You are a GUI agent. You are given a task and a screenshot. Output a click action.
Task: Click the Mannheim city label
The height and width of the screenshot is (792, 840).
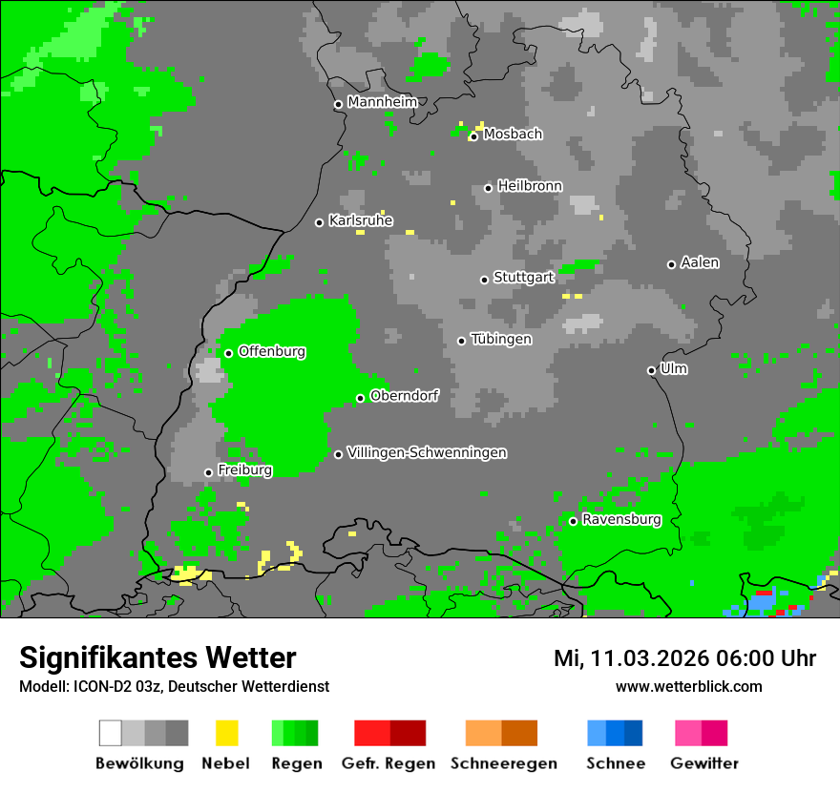tap(382, 102)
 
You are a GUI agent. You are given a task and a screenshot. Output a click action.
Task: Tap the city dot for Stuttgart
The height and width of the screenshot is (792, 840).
tap(485, 280)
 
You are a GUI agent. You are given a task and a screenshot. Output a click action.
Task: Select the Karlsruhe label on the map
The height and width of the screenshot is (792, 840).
tap(361, 220)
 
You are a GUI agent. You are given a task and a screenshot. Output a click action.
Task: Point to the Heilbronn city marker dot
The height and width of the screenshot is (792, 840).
tap(489, 188)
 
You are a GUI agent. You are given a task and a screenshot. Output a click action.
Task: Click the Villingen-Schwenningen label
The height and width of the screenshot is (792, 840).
tap(427, 452)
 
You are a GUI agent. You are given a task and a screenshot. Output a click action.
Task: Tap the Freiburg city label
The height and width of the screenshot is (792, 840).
tap(244, 470)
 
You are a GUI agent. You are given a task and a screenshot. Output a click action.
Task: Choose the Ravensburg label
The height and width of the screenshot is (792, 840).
tap(621, 519)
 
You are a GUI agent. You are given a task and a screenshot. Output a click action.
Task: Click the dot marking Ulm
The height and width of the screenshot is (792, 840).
tap(652, 370)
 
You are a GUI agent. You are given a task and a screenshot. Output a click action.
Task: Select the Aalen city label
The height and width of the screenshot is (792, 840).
tap(700, 262)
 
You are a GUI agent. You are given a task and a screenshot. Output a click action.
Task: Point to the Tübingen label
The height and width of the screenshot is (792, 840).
tap(501, 339)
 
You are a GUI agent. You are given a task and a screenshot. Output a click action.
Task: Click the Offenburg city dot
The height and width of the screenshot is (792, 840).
tap(229, 353)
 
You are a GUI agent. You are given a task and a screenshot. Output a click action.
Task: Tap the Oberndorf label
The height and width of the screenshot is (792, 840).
tap(404, 396)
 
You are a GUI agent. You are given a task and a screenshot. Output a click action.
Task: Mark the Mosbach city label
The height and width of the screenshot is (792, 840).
tap(513, 135)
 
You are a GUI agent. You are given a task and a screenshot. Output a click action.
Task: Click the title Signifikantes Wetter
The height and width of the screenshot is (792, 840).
tap(157, 657)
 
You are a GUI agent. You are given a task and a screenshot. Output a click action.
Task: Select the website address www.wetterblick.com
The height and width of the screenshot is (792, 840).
tap(688, 686)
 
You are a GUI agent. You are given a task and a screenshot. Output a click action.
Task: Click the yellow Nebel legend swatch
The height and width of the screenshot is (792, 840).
tap(226, 733)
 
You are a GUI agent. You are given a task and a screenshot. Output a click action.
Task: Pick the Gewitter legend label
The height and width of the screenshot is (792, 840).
tap(703, 763)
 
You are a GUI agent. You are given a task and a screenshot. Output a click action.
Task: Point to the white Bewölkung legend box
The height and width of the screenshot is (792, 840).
tap(111, 733)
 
